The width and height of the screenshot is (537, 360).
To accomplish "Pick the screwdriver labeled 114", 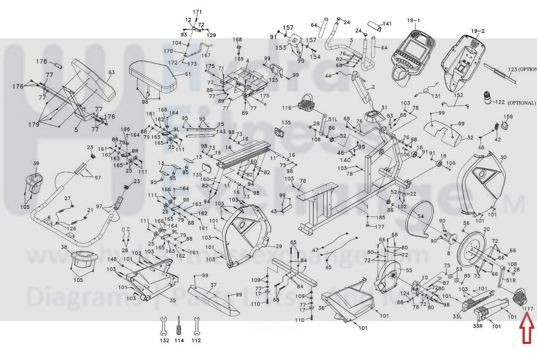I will point(179,325).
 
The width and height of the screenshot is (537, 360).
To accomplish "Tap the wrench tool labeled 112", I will point(196,325).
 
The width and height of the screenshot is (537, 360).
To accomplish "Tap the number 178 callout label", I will point(41,62).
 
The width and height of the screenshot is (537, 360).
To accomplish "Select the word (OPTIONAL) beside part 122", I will point(521,103).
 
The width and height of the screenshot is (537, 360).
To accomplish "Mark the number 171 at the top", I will point(197,11).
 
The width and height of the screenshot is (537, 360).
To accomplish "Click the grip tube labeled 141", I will point(374,26).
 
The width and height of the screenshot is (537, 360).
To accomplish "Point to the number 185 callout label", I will point(380,218).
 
